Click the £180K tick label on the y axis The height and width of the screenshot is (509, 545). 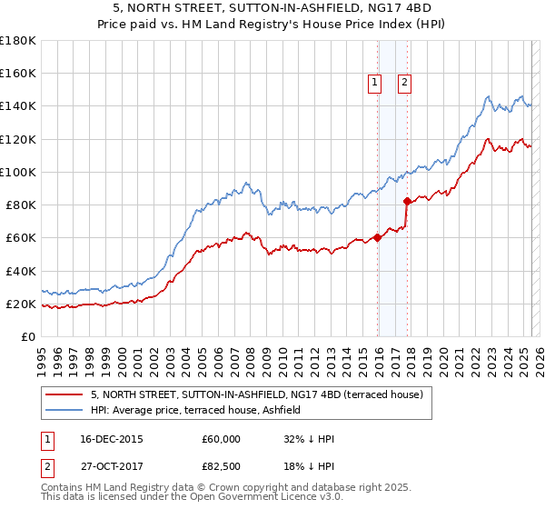[18, 40]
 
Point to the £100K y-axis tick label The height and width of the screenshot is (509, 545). [18, 172]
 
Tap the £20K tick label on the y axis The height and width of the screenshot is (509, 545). [21, 304]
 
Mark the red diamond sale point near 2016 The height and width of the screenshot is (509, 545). [378, 238]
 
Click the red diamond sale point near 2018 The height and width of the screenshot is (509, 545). [407, 201]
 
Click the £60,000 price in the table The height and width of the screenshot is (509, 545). [223, 439]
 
